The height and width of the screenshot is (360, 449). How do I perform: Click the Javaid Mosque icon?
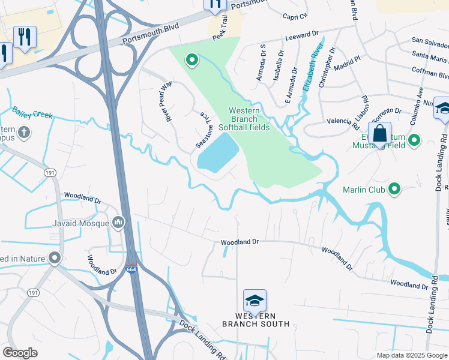(x=118, y=223)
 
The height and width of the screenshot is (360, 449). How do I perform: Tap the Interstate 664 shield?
(x=131, y=271)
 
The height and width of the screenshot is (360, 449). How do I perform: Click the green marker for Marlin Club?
(x=394, y=190)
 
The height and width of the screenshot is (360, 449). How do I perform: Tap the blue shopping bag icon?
(x=380, y=134)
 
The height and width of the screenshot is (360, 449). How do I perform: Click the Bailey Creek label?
(x=32, y=112)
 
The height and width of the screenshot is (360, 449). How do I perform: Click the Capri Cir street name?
(x=295, y=16)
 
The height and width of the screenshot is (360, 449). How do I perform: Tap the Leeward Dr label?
(x=310, y=37)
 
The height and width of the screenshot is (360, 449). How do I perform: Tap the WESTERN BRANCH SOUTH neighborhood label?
(x=255, y=320)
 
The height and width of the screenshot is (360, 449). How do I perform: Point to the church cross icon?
(x=24, y=131)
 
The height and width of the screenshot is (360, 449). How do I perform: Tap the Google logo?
(x=20, y=353)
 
